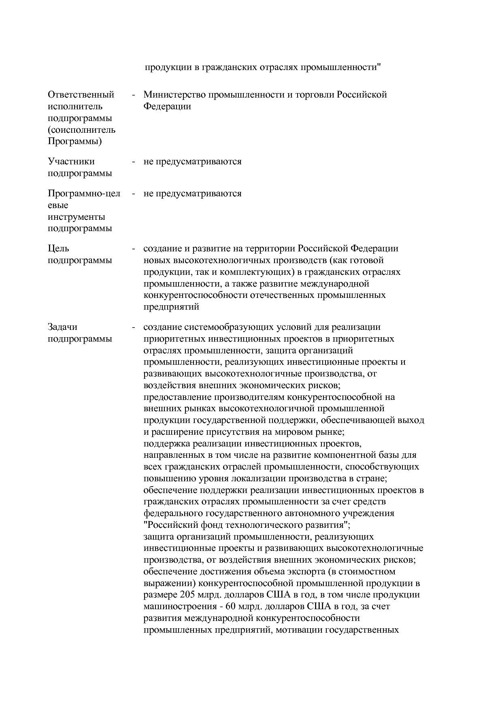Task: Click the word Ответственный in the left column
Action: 81,95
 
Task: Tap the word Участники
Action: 71,162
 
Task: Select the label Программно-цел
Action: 84,193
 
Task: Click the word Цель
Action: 58,248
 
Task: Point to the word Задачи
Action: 62,327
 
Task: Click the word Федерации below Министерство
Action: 167,106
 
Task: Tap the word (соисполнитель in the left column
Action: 81,130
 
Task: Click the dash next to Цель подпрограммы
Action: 133,248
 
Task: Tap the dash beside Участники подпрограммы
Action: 133,162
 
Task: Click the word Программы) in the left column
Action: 75,142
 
